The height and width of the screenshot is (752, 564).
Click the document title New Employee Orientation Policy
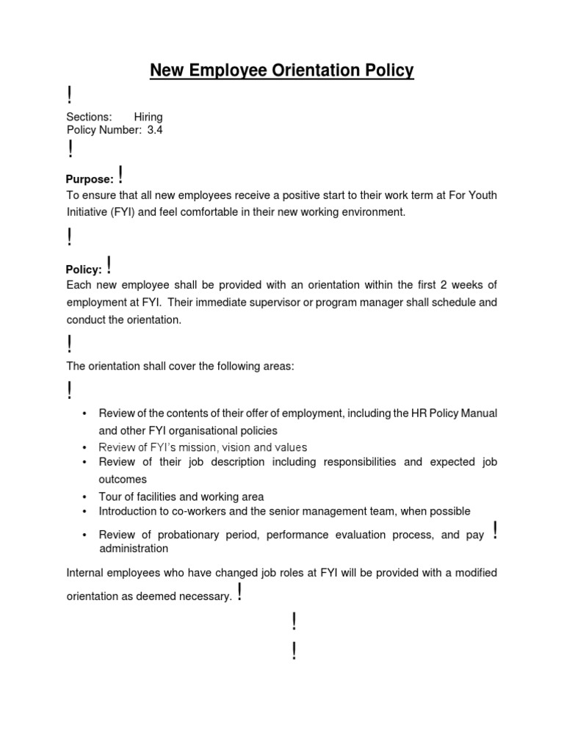point(282,70)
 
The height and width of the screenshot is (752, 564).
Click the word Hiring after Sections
point(148,117)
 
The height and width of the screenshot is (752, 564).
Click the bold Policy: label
point(84,270)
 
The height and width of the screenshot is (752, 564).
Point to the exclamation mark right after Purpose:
point(120,176)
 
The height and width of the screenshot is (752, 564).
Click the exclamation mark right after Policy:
point(109,266)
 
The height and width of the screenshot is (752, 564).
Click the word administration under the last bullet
point(134,549)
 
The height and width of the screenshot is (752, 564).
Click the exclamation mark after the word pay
point(497,530)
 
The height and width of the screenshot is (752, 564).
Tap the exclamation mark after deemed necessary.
point(239,593)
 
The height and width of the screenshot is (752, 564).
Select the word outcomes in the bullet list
point(123,480)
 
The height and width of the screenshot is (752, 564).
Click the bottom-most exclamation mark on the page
point(294,651)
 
